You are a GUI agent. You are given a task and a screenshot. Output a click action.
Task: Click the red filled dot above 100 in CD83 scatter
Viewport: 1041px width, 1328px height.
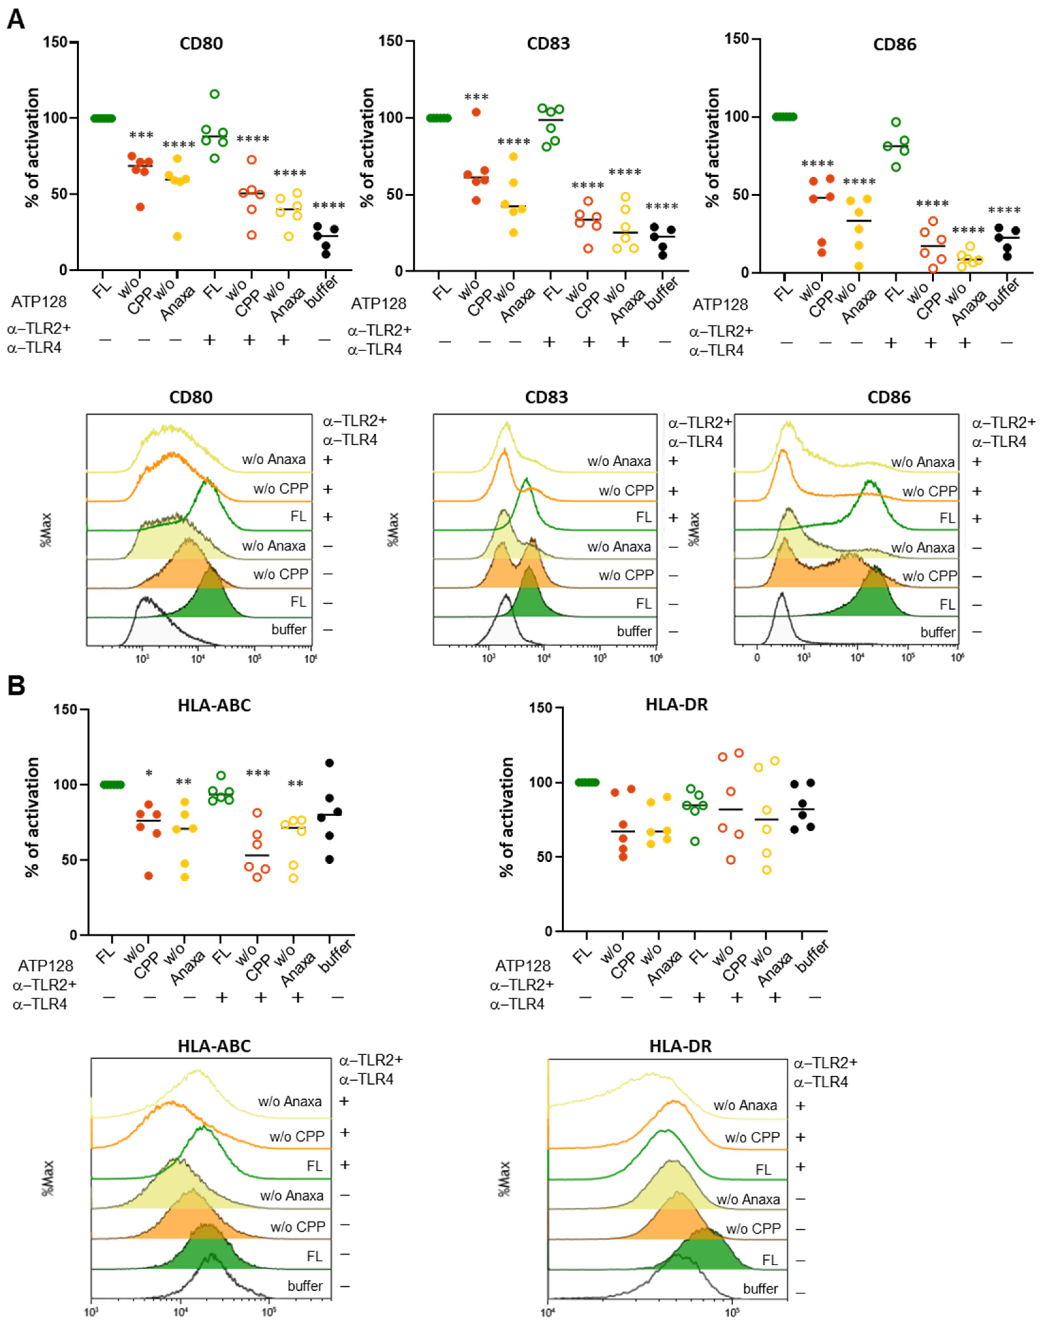pos(476,112)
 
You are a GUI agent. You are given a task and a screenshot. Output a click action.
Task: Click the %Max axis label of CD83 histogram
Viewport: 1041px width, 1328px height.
pos(394,529)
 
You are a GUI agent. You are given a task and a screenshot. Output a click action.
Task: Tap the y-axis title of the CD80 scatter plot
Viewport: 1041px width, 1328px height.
pos(32,148)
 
